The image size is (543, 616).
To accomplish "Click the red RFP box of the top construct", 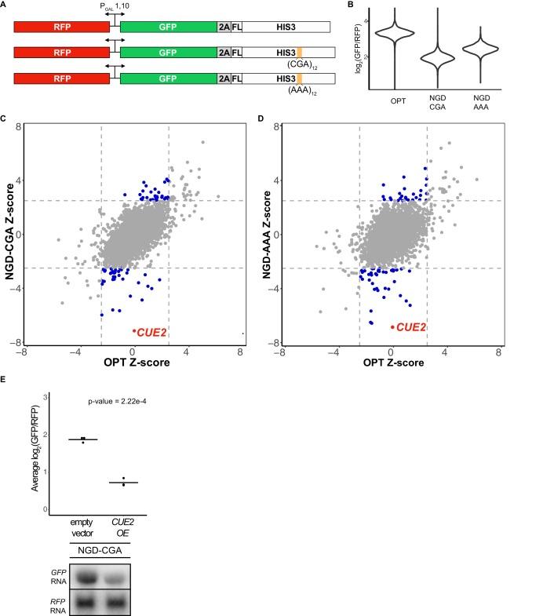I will [x=61, y=27].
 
